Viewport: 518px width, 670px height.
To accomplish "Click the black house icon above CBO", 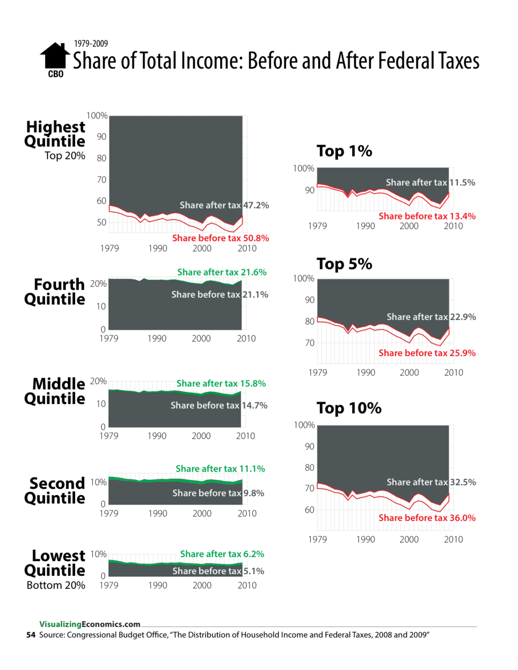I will [54, 55].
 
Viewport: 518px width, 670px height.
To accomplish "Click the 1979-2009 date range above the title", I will [91, 43].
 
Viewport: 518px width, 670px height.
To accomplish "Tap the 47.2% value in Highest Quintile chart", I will [256, 205].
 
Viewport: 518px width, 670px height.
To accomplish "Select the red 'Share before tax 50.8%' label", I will [220, 238].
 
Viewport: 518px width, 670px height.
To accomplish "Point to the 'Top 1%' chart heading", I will [344, 151].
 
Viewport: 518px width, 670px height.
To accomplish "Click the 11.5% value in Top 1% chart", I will [462, 182].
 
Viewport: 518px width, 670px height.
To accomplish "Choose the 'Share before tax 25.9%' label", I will [427, 353].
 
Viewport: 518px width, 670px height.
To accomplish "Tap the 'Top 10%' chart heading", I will [349, 408].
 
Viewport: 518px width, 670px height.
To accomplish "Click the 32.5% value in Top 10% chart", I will [463, 482].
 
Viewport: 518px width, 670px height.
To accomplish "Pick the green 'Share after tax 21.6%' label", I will [222, 272].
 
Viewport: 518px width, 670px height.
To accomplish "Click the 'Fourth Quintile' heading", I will [55, 292].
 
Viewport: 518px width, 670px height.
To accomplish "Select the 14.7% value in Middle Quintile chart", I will [254, 405].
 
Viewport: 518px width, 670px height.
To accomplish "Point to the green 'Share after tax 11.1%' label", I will [220, 469].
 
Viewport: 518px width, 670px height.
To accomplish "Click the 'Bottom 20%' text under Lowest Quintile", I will [56, 585].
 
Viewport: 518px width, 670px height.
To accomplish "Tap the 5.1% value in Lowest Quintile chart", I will [254, 571].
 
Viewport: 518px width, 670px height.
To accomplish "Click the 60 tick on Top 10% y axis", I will [309, 510].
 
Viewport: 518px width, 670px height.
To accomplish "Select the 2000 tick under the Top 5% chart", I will [409, 372].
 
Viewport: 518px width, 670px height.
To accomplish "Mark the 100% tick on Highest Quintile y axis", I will [97, 115].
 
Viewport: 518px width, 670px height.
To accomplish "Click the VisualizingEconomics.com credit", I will [90, 624].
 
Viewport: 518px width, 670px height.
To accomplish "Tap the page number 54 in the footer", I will [31, 635].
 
